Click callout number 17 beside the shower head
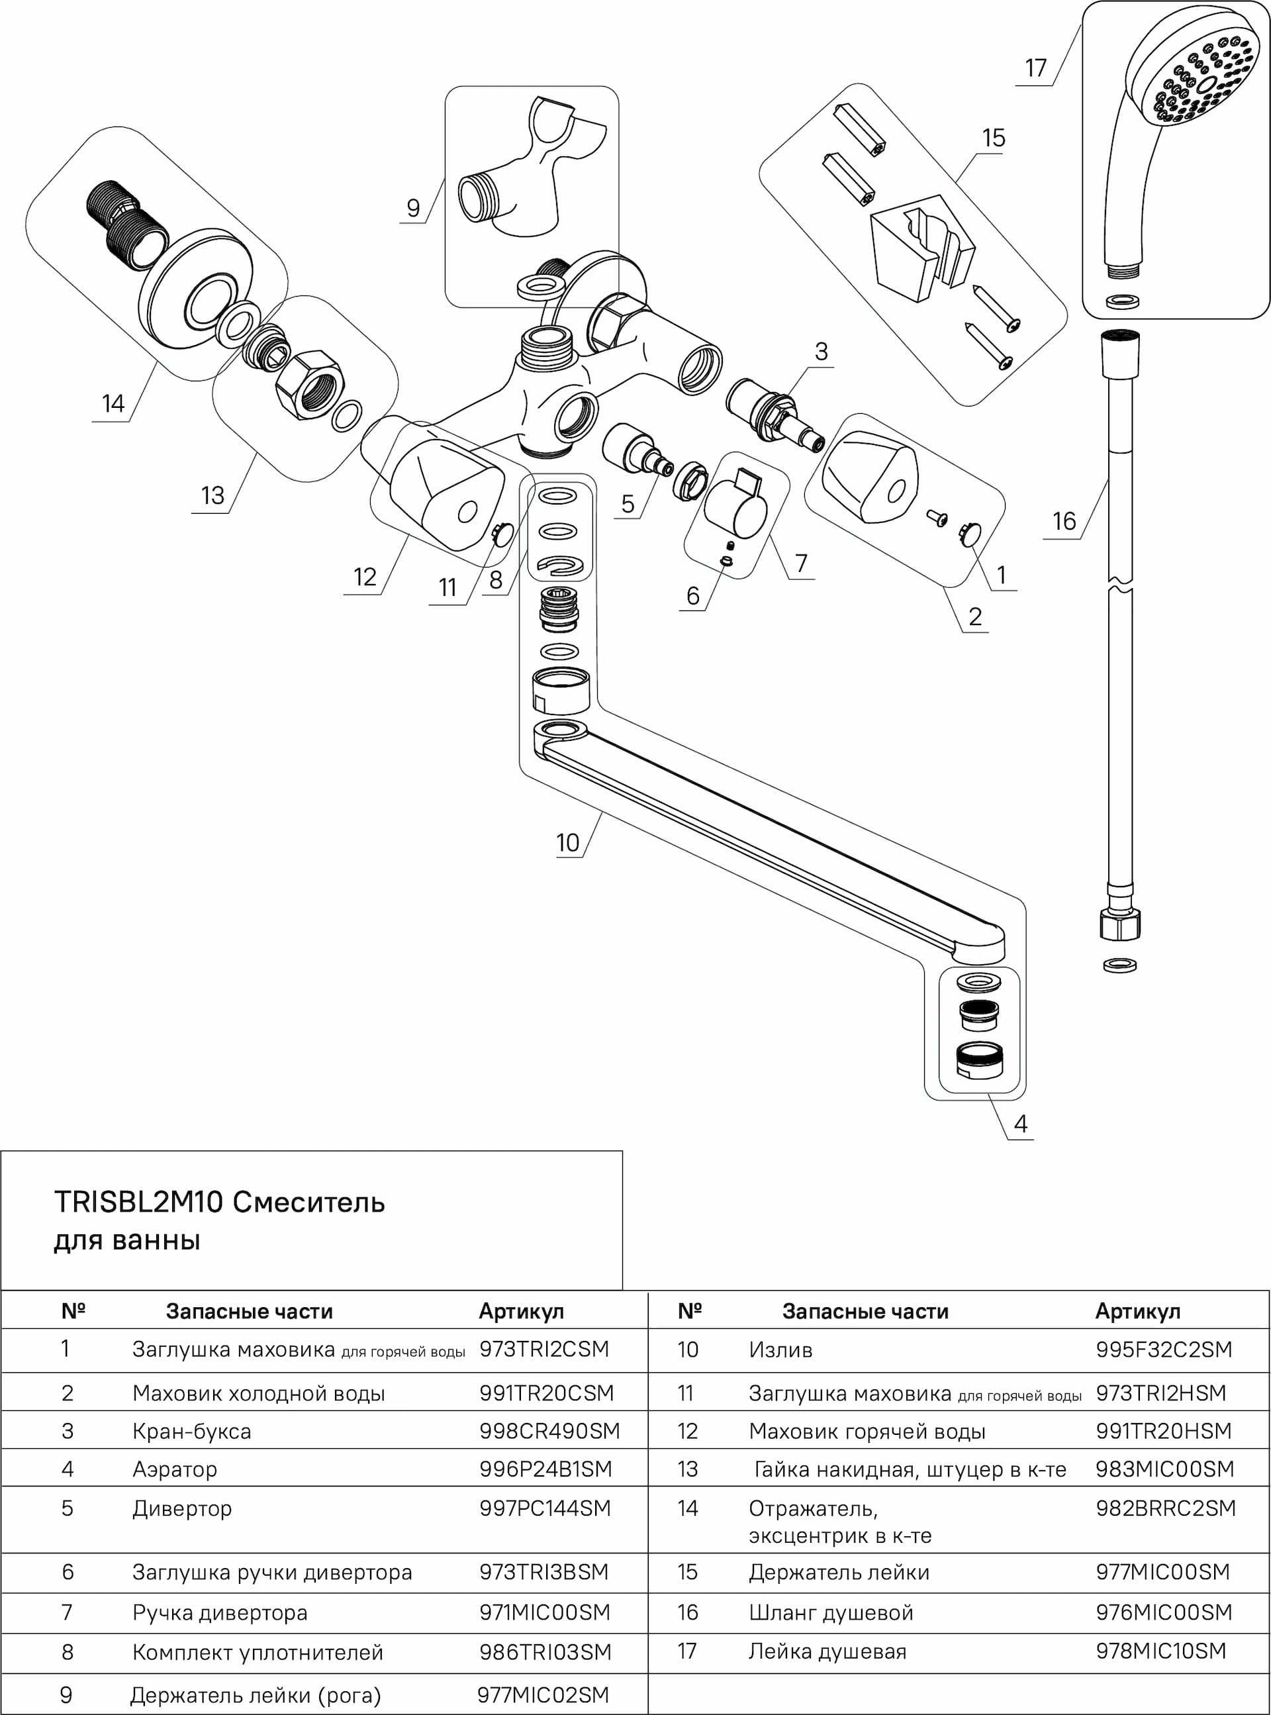(1035, 68)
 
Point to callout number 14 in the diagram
(113, 403)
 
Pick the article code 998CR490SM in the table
(549, 1431)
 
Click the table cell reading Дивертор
(181, 1508)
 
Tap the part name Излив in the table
(780, 1349)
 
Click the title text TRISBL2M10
(138, 1202)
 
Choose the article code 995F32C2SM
(1164, 1349)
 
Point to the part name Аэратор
(175, 1469)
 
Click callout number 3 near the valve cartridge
(822, 352)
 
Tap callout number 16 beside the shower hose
(1064, 521)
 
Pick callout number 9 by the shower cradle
(413, 208)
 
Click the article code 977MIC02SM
(543, 1695)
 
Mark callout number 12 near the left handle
(365, 577)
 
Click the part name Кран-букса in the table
(191, 1431)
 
